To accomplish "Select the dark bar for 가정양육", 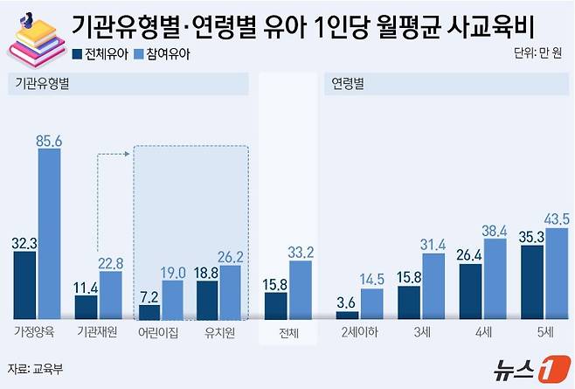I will (x=24, y=285).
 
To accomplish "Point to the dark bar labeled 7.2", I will (x=149, y=311).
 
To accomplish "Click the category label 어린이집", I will (x=161, y=334).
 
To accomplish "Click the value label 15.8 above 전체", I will (x=276, y=283).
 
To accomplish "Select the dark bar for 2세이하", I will (x=348, y=315).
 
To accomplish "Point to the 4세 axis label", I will (x=483, y=334).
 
